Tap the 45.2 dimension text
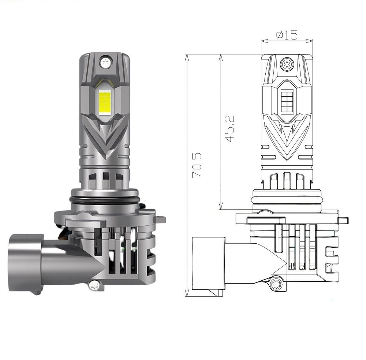pyautogui.click(x=229, y=129)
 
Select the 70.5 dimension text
pyautogui.click(x=197, y=165)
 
